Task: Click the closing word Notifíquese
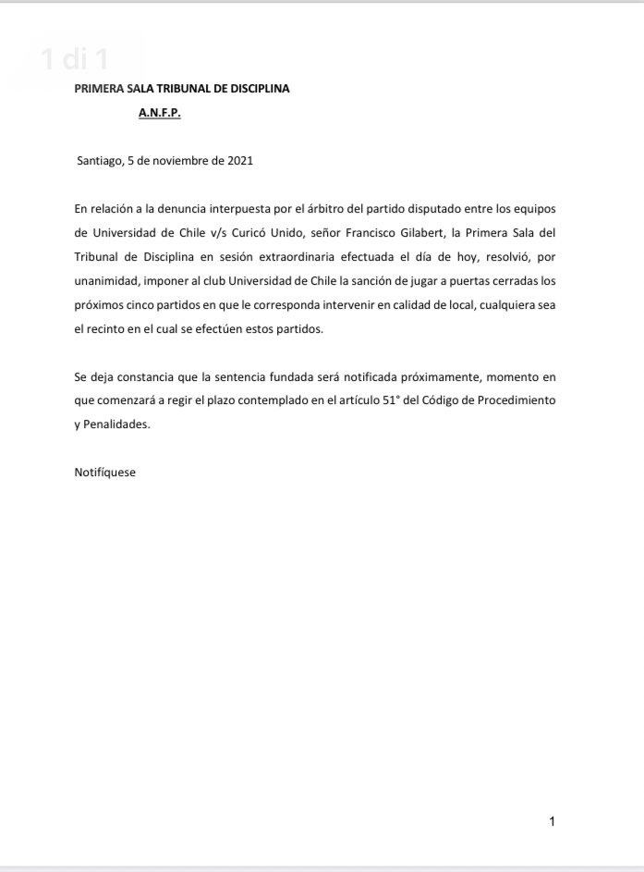pos(104,472)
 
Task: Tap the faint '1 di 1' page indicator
pos(76,60)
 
